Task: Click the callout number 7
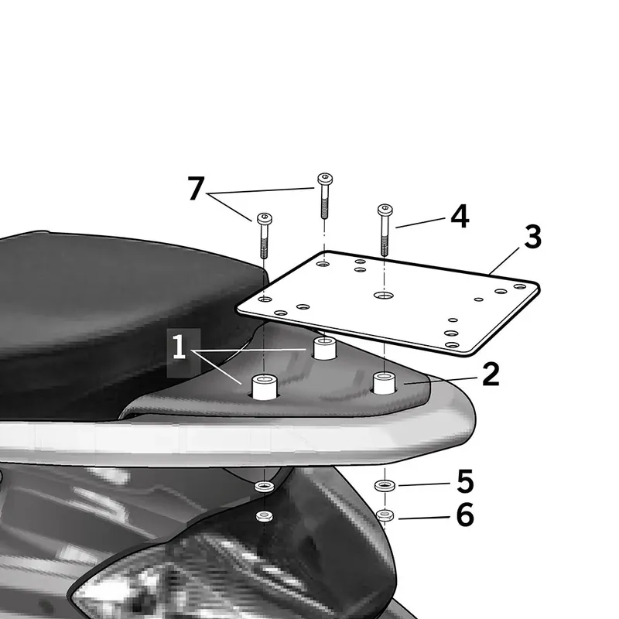[196, 189]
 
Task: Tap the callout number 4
[460, 217]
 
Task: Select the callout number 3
[532, 237]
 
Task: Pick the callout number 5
[465, 481]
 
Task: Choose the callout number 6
[465, 515]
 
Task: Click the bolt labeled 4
[385, 230]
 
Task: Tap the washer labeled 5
[385, 485]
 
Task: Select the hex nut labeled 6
[385, 515]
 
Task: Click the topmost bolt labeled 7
[324, 196]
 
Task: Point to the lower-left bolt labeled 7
[265, 235]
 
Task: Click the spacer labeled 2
[385, 382]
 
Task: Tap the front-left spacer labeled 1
[265, 388]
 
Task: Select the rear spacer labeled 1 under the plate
[324, 348]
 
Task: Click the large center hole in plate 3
[383, 295]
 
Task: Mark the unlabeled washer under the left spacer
[265, 486]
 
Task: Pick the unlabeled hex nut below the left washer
[265, 515]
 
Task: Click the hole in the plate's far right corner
[520, 286]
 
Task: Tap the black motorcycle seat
[118, 316]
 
